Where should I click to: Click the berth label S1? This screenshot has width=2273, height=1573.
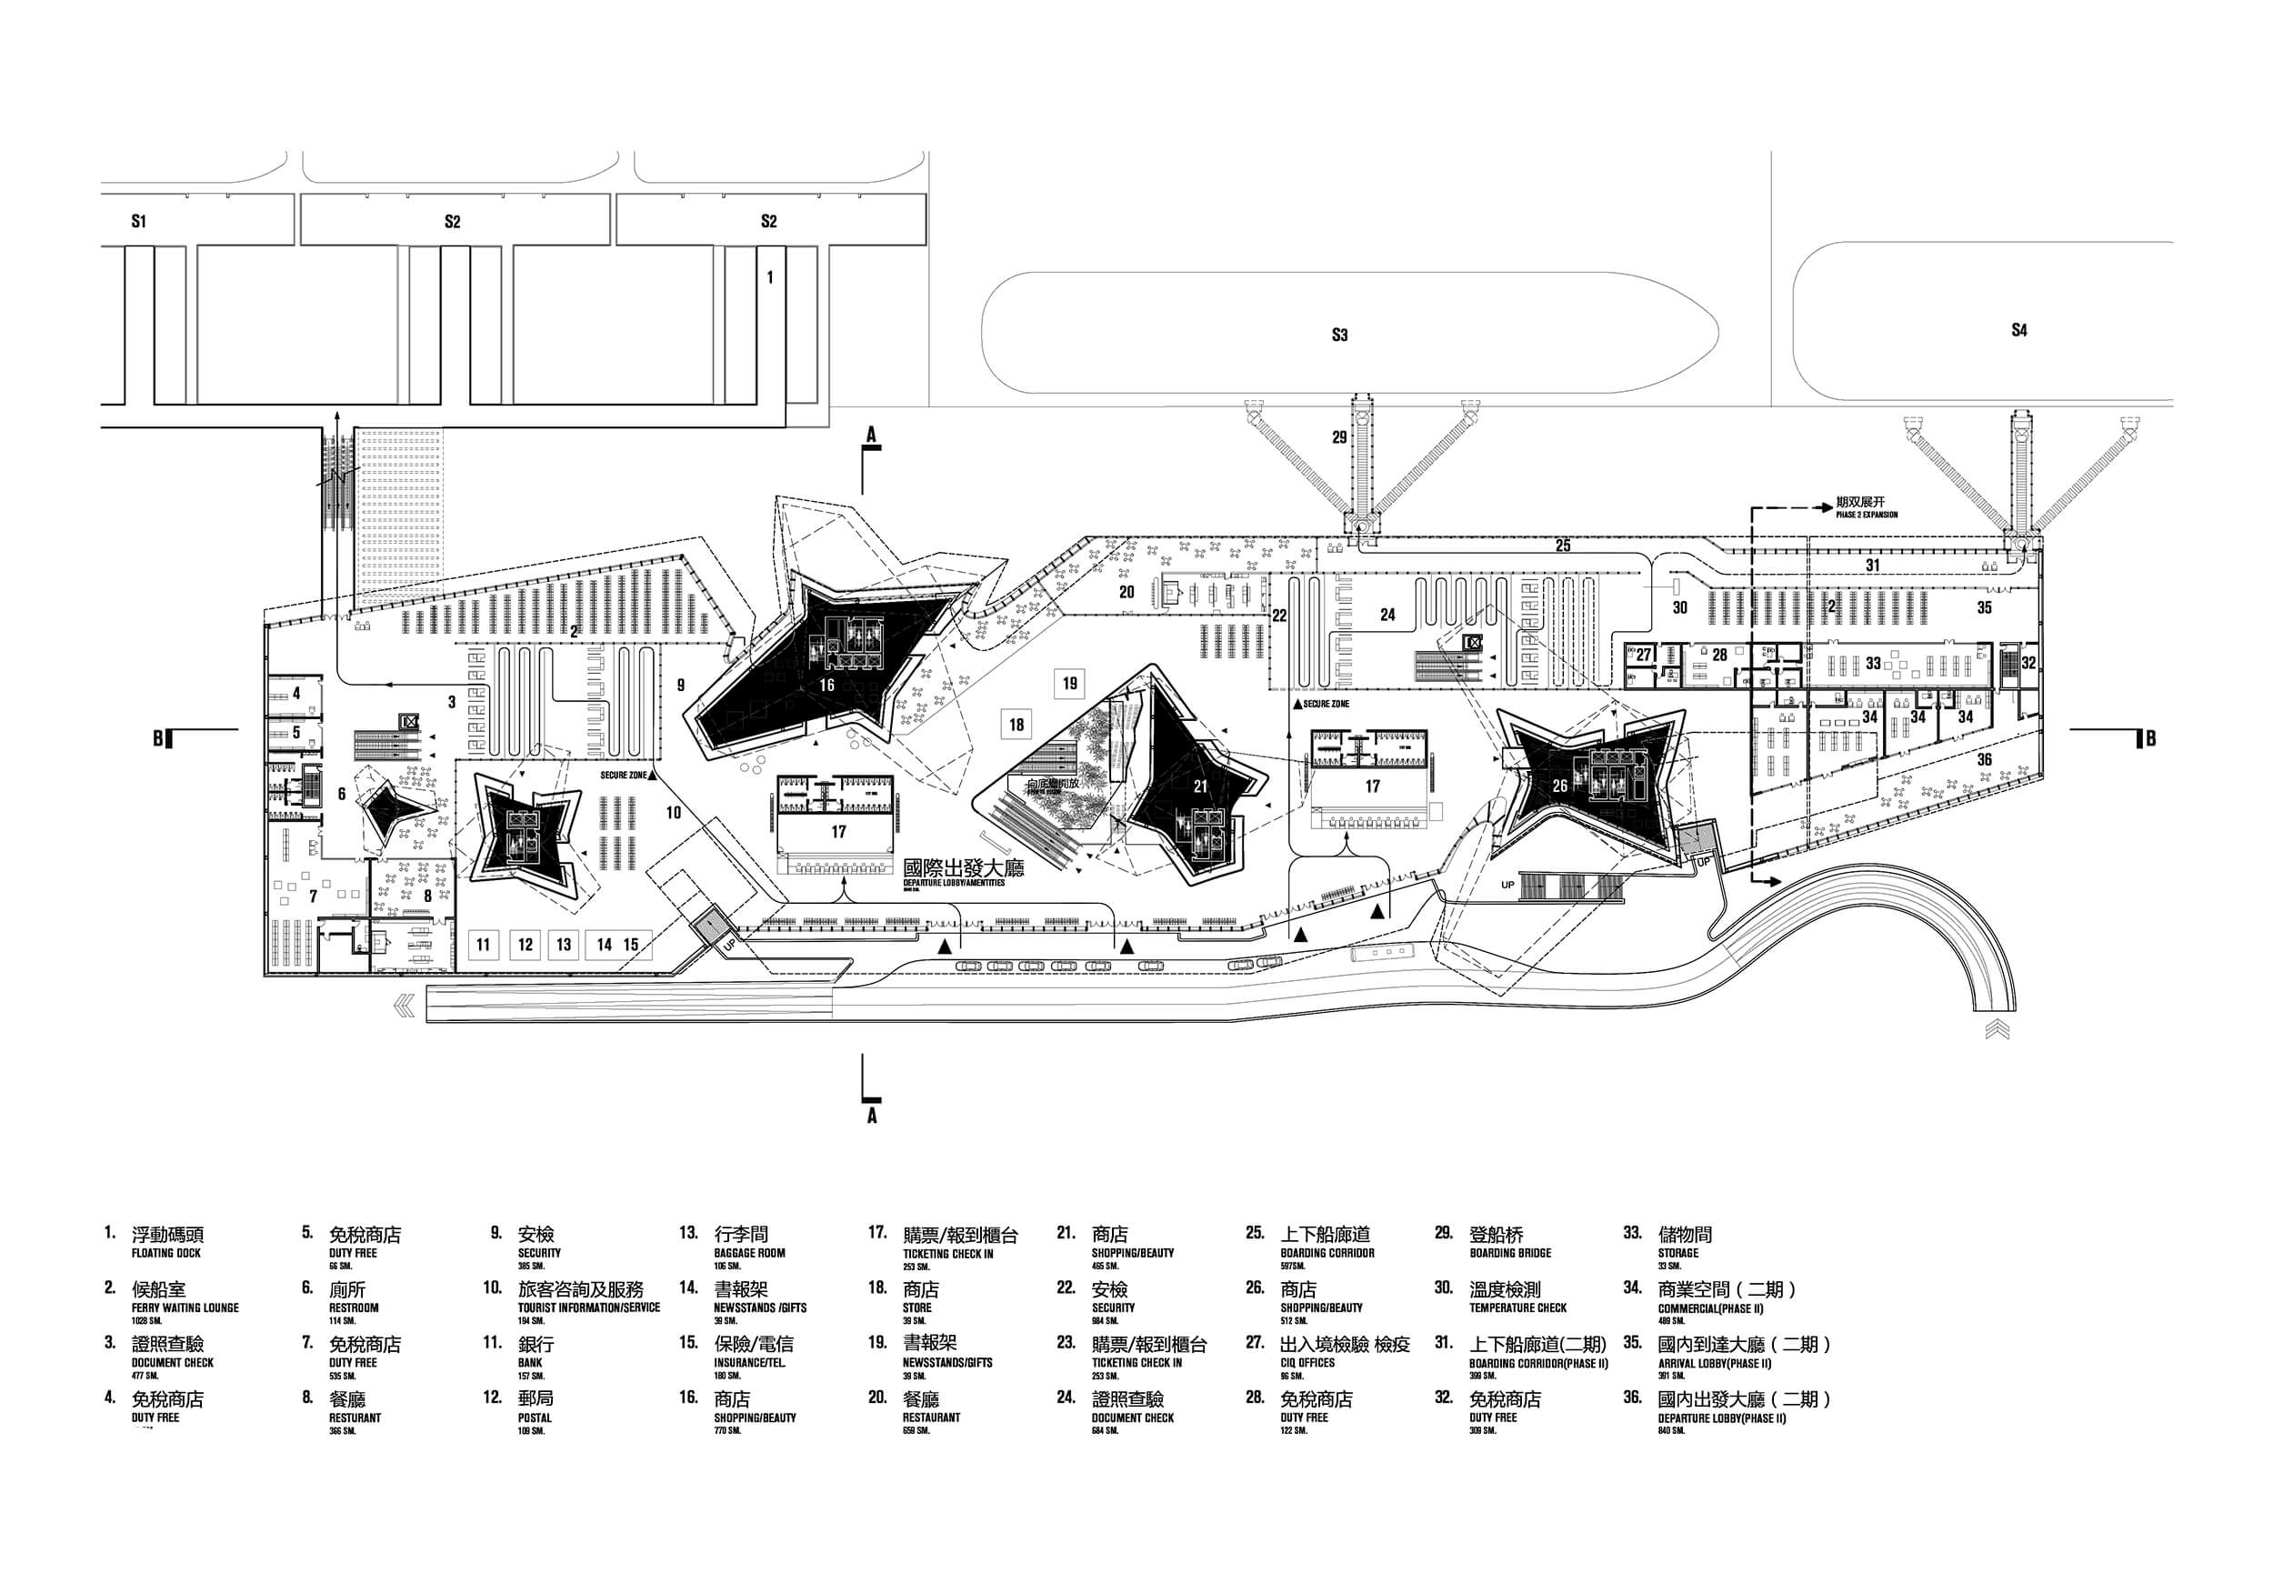pyautogui.click(x=139, y=221)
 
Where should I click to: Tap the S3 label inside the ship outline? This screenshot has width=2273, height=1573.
pyautogui.click(x=1339, y=336)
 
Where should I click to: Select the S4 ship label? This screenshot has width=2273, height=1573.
pyautogui.click(x=2018, y=330)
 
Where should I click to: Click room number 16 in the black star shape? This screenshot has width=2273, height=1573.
pyautogui.click(x=826, y=685)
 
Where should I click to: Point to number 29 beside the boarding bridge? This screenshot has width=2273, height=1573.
pyautogui.click(x=1339, y=436)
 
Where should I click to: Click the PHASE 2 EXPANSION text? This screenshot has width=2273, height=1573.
pyautogui.click(x=1866, y=515)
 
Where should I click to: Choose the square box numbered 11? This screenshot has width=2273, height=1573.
pyautogui.click(x=483, y=944)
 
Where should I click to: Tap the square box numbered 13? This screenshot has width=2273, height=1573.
pyautogui.click(x=564, y=944)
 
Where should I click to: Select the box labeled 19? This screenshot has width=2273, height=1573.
pyautogui.click(x=1070, y=682)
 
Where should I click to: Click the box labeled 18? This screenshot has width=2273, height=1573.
pyautogui.click(x=1016, y=725)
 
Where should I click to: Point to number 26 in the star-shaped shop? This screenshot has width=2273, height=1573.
pyautogui.click(x=1559, y=786)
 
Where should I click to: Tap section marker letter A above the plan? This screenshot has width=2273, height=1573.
pyautogui.click(x=871, y=434)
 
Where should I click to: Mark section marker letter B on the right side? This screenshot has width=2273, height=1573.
pyautogui.click(x=2150, y=738)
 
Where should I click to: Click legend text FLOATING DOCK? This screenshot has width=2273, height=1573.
pyautogui.click(x=165, y=1253)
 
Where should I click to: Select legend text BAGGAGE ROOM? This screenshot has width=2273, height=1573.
pyautogui.click(x=749, y=1253)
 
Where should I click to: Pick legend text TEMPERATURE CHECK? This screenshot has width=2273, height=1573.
pyautogui.click(x=1517, y=1307)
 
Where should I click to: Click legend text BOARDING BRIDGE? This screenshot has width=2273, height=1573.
pyautogui.click(x=1509, y=1253)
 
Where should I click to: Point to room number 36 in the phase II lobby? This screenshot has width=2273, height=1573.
pyautogui.click(x=1984, y=759)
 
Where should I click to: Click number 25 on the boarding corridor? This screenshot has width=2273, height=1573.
pyautogui.click(x=1563, y=545)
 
